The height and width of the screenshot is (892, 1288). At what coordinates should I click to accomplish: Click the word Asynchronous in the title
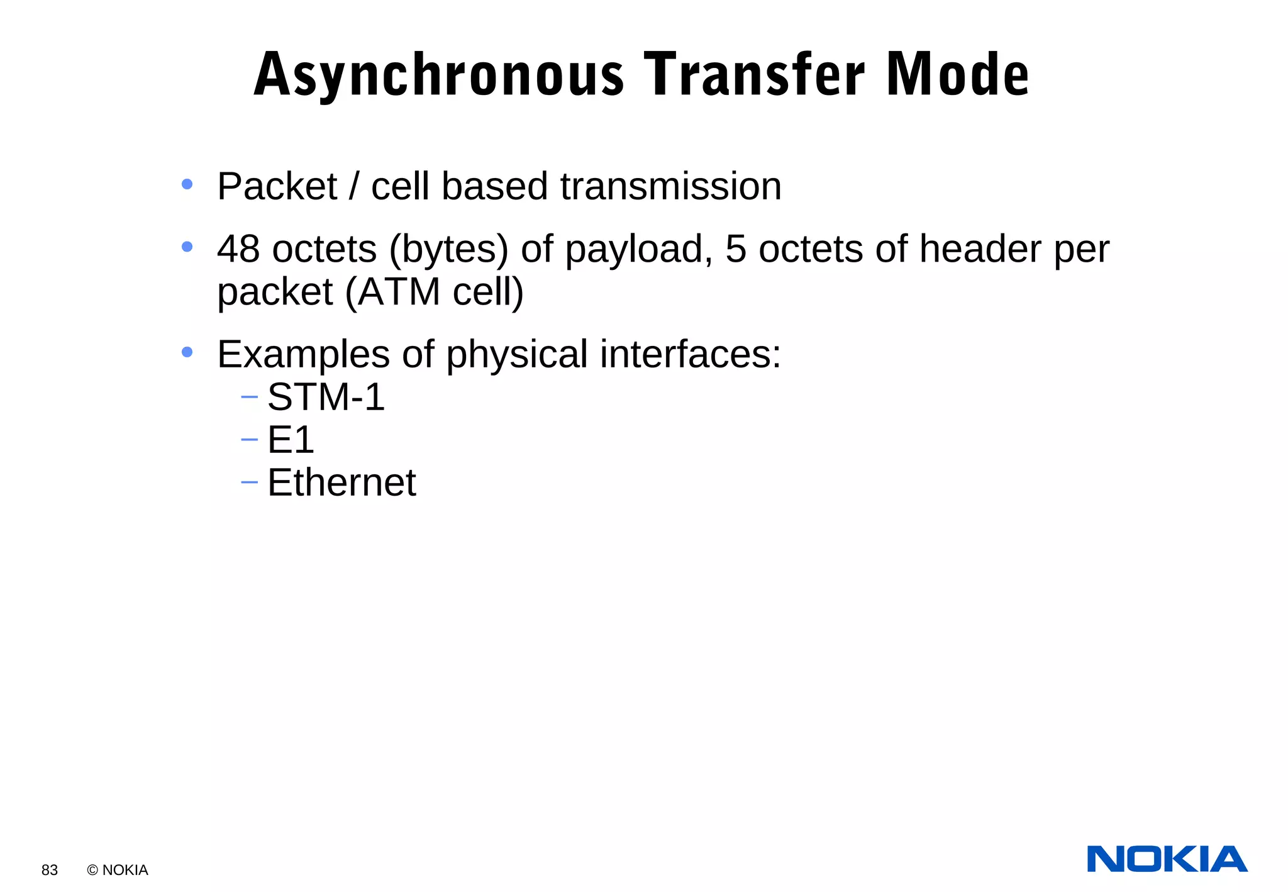[x=439, y=75]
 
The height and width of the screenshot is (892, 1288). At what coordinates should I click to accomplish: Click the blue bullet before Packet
[x=187, y=184]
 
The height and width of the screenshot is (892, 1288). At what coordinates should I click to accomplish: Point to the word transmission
[x=670, y=187]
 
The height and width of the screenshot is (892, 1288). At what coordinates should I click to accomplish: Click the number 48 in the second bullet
[x=238, y=249]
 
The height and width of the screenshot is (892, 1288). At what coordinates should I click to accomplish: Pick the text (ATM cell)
[x=434, y=293]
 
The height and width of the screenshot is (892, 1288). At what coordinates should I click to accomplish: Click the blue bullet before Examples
[x=187, y=352]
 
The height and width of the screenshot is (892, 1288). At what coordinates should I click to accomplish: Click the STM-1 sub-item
[x=326, y=397]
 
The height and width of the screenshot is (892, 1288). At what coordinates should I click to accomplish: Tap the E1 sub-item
[x=291, y=440]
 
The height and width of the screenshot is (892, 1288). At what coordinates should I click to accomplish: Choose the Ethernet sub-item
[x=341, y=482]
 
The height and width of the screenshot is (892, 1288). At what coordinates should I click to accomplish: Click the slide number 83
[x=50, y=870]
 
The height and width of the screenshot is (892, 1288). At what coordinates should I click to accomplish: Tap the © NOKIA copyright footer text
[x=118, y=870]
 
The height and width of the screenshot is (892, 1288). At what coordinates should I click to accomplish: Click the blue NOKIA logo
[x=1167, y=859]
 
